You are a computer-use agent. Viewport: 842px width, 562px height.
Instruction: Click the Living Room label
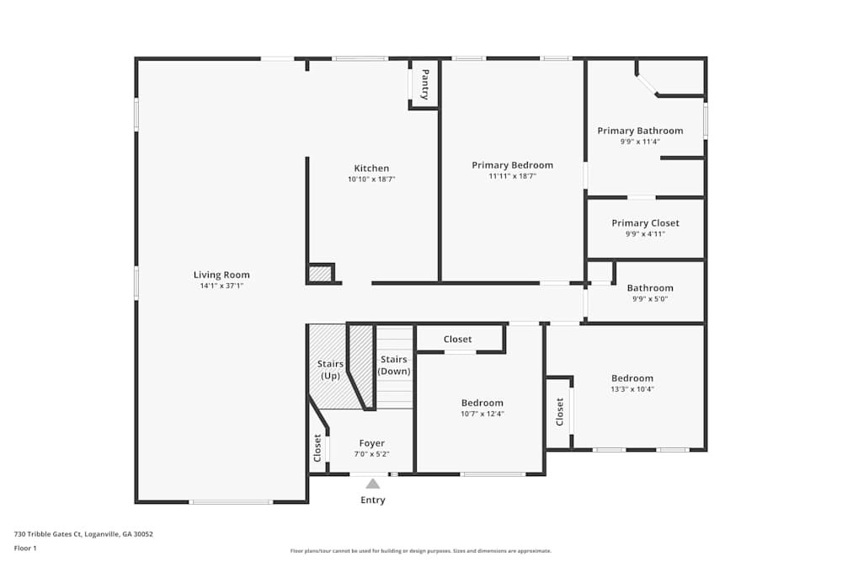[x=221, y=275]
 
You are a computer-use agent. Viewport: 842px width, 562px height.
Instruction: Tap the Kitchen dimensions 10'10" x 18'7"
[x=371, y=179]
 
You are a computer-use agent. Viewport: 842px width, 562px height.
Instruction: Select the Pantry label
[x=424, y=84]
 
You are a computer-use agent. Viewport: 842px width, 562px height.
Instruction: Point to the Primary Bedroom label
[x=512, y=165]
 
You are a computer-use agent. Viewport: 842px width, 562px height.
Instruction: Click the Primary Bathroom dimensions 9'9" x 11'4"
[x=640, y=142]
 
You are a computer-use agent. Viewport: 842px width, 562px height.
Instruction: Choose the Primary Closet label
[x=646, y=223]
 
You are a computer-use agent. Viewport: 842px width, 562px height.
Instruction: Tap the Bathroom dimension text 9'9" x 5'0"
[x=650, y=299]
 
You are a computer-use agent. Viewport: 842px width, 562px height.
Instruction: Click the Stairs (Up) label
[x=330, y=370]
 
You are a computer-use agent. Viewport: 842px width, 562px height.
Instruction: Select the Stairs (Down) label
[x=394, y=366]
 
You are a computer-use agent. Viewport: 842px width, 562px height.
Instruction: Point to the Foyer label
[x=371, y=443]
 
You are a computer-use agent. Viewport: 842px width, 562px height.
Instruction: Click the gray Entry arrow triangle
[x=373, y=484]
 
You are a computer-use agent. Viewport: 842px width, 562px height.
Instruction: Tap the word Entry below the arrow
[x=373, y=500]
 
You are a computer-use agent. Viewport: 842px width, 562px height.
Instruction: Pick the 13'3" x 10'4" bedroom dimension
[x=632, y=389]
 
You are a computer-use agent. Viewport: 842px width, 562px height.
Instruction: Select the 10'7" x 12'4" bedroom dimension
[x=482, y=414]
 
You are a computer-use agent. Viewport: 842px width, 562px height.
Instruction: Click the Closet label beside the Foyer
[x=317, y=448]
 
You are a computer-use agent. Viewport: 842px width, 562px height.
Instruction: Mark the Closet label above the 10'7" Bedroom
[x=457, y=339]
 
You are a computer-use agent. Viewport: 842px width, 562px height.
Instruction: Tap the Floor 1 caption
[x=25, y=548]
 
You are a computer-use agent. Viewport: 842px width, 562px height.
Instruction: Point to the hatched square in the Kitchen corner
[x=320, y=274]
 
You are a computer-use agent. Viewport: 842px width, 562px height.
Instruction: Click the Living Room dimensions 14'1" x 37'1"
[x=221, y=286]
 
